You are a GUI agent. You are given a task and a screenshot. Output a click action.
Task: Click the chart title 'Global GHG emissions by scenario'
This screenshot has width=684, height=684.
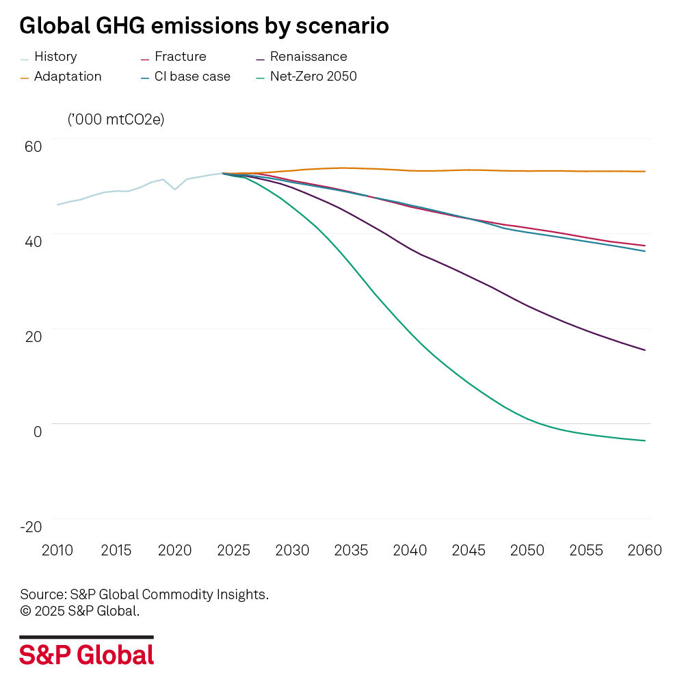coord(204,26)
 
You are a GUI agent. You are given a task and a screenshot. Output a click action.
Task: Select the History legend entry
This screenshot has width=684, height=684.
coord(55,57)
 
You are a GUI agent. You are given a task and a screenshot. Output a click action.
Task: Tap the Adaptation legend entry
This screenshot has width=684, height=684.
coord(67,77)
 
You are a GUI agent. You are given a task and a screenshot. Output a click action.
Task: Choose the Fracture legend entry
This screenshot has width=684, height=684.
coord(180,57)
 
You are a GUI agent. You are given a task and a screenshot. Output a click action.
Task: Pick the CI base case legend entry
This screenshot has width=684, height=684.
coord(192,77)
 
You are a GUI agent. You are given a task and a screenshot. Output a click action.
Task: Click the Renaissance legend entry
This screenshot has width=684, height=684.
coord(308,57)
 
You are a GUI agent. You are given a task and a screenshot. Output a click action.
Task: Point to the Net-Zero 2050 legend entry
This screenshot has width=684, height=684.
coord(313,77)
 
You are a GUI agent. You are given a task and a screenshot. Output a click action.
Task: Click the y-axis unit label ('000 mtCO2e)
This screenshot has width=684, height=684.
coord(116,119)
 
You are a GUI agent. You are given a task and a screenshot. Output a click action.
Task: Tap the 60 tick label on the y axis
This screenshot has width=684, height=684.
coord(34,146)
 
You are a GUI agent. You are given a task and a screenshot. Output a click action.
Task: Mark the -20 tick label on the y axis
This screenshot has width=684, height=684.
coord(31,526)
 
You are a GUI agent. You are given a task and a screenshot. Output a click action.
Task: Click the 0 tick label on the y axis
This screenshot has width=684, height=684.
coord(38,431)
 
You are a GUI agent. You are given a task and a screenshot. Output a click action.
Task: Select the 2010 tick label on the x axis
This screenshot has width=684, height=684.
coord(57,550)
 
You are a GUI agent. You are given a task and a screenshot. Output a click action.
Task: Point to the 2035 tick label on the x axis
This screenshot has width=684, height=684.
coord(351,550)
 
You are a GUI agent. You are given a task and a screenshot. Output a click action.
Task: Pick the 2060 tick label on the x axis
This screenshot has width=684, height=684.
coord(644,550)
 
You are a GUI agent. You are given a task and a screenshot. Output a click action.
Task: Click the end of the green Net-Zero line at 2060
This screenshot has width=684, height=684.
coord(645,440)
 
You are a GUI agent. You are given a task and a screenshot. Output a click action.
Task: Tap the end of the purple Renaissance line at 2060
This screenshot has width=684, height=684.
coord(645,350)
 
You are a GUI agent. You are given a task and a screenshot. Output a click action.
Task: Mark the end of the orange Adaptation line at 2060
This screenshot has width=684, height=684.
coord(645,172)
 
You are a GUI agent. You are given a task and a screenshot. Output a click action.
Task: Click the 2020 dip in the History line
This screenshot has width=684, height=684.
coord(175,189)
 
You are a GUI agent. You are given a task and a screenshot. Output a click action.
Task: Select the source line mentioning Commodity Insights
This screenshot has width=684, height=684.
coord(144,594)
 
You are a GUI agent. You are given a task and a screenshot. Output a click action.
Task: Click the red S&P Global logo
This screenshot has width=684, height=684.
coord(86,655)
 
